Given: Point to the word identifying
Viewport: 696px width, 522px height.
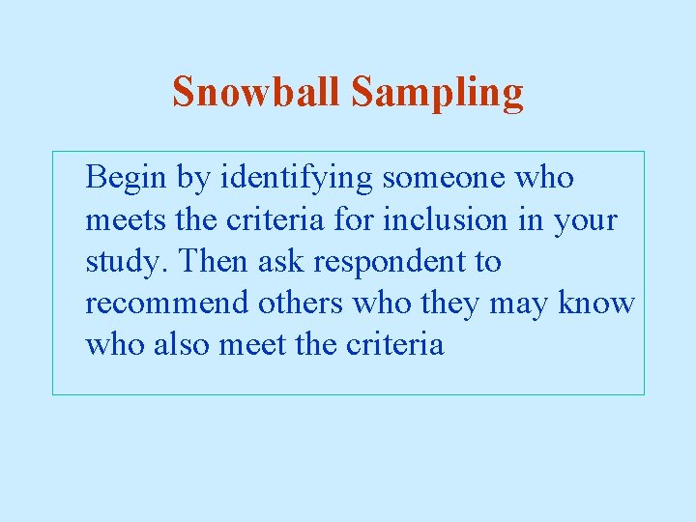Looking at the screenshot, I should pos(296,179).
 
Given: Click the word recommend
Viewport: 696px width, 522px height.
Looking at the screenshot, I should pos(167,304).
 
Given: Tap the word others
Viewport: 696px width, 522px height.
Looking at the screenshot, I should pos(300,304).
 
